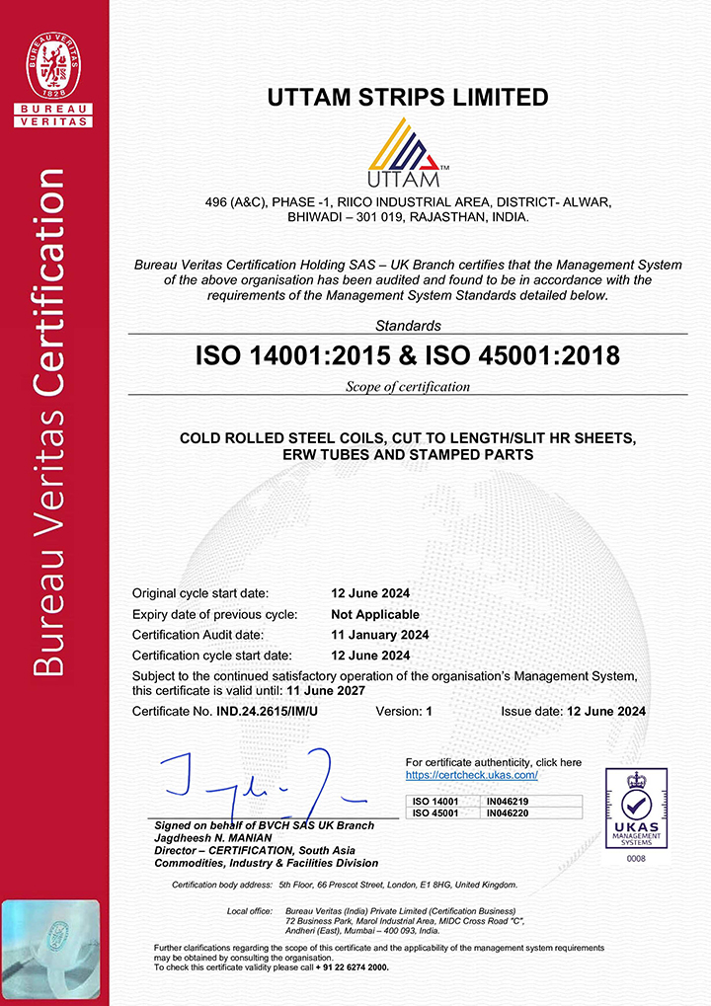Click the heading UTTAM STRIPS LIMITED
pyautogui.click(x=408, y=98)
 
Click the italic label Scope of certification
pyautogui.click(x=408, y=387)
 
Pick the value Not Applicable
pyautogui.click(x=375, y=615)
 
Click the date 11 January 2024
pyautogui.click(x=379, y=635)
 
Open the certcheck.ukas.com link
pyautogui.click(x=471, y=775)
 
